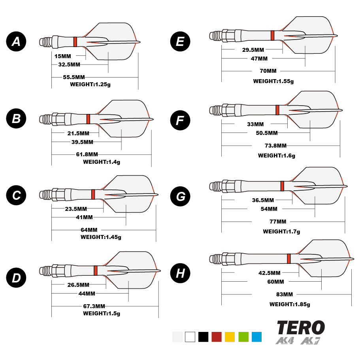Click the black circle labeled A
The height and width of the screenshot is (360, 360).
click(16, 41)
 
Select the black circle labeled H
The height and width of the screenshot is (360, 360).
click(180, 273)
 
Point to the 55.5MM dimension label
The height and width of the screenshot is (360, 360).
click(74, 78)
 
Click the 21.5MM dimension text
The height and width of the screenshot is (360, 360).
click(79, 133)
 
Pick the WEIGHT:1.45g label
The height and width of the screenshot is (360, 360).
click(101, 237)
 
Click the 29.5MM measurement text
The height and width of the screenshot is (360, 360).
click(253, 50)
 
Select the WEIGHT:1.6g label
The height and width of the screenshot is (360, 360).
click(277, 156)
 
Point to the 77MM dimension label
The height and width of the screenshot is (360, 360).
click(278, 222)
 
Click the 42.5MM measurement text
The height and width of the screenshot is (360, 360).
click(269, 273)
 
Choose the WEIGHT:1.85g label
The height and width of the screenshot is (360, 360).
click(290, 305)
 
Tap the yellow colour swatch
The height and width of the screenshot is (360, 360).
click(230, 337)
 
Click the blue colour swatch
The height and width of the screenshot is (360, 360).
click(256, 337)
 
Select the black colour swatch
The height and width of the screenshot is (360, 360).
click(204, 337)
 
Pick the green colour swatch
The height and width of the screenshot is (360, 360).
click(243, 337)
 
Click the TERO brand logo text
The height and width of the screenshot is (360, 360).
click(301, 328)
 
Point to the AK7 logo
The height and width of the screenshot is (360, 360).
click(311, 341)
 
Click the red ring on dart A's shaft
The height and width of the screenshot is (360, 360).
click(75, 42)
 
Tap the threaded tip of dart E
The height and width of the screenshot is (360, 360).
click(215, 36)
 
